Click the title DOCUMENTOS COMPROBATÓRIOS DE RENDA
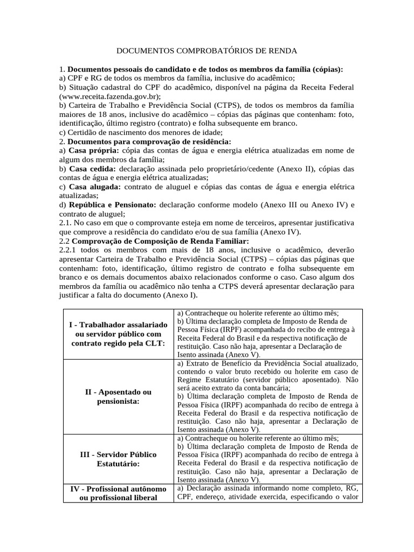tap(207, 51)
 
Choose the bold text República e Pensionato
tap(111, 205)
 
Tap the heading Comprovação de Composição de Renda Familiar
tap(160, 241)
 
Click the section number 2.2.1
tap(70, 250)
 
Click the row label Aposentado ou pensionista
tap(118, 396)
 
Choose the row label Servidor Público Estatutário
tap(118, 459)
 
